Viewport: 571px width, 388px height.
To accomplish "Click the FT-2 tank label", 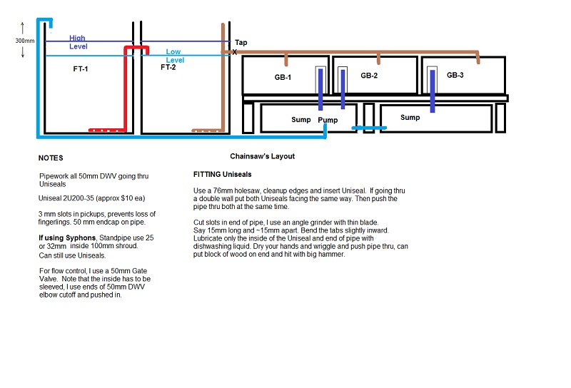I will coord(168,68).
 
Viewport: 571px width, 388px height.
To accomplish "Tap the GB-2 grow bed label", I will coord(369,75).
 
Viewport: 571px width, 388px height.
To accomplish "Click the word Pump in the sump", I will coord(328,119).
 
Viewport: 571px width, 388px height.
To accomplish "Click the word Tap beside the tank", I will coord(241,43).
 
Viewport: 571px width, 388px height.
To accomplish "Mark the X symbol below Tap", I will coord(234,52).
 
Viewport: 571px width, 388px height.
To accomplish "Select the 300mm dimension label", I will coord(24,41).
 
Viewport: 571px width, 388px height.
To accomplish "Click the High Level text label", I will coord(79,42).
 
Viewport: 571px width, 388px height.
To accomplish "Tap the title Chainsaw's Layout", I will coord(262,156).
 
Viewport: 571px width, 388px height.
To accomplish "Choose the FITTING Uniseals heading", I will coord(222,175).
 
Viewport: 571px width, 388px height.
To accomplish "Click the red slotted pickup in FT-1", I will coord(107,130).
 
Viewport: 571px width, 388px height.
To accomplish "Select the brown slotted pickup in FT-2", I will coord(209,131).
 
